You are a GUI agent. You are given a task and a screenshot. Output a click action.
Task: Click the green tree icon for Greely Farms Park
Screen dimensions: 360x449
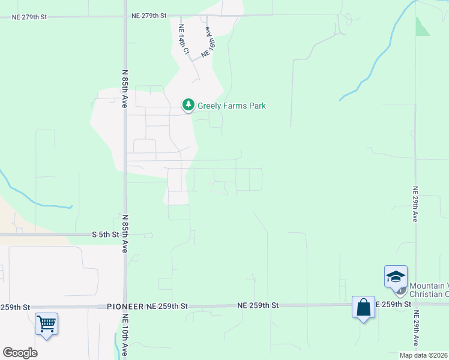188,106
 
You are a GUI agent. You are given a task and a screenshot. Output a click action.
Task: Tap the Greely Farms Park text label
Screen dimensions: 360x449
232,106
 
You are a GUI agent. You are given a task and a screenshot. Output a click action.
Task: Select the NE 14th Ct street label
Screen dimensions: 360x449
183,40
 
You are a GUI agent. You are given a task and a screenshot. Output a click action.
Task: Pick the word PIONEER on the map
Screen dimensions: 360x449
125,306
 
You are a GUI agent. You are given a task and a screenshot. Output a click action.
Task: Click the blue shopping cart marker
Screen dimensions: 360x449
46,324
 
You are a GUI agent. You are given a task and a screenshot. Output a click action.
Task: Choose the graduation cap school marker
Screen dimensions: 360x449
396,277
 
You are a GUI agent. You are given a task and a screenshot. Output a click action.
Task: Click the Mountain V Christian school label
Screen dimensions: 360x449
429,290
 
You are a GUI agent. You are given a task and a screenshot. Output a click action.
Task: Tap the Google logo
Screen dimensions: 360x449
20,352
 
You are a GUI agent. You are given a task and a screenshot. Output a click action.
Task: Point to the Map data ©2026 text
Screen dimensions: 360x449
424,355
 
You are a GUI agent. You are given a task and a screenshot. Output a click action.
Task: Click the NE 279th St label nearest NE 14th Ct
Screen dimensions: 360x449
149,17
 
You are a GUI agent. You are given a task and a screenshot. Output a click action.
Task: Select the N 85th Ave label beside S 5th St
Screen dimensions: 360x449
125,233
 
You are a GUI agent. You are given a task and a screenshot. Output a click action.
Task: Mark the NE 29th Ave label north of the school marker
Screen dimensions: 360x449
414,205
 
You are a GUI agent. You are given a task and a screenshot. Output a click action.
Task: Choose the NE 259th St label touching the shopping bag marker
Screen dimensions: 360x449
393,305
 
